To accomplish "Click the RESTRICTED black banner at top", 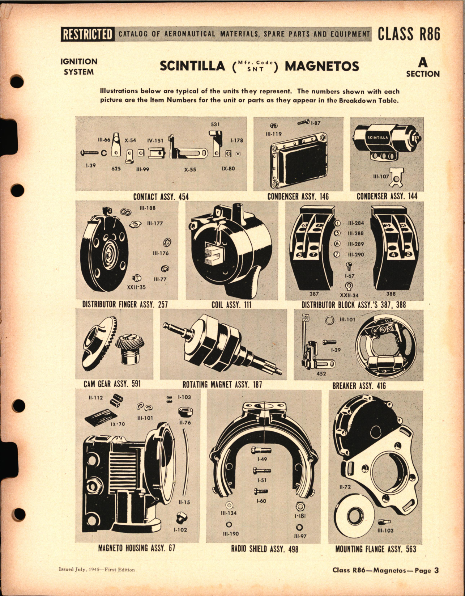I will pyautogui.click(x=87, y=34).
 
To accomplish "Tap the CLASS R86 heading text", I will pyautogui.click(x=409, y=34).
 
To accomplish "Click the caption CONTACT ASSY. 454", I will pyautogui.click(x=161, y=197).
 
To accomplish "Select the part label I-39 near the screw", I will pyautogui.click(x=91, y=165).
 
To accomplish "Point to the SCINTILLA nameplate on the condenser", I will pyautogui.click(x=378, y=138).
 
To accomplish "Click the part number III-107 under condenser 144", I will pyautogui.click(x=381, y=177).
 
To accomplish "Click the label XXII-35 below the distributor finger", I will pyautogui.click(x=137, y=287).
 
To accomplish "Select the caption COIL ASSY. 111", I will pyautogui.click(x=231, y=305).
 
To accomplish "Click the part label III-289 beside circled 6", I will pyautogui.click(x=356, y=244).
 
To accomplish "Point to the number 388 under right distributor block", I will pyautogui.click(x=391, y=294).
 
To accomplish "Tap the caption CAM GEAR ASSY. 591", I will pyautogui.click(x=112, y=384).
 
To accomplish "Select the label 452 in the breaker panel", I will pyautogui.click(x=321, y=374).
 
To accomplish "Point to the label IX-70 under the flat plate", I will pyautogui.click(x=118, y=424).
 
